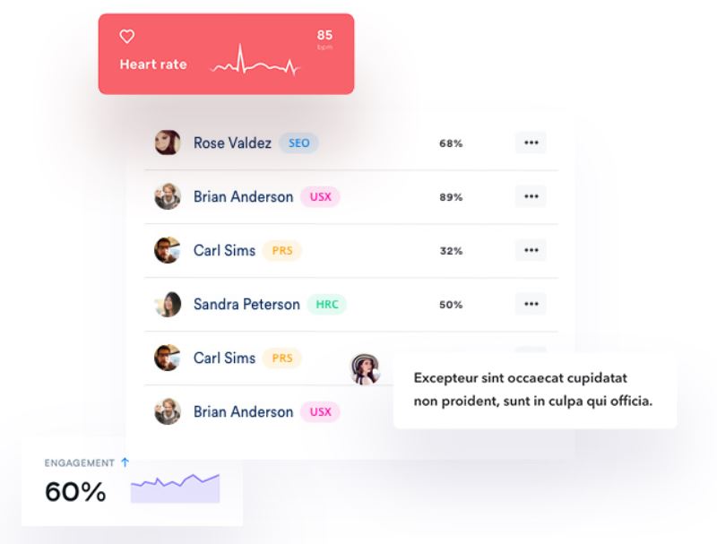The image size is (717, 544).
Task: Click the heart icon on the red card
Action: click(x=127, y=38)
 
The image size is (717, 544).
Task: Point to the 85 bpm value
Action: click(x=324, y=37)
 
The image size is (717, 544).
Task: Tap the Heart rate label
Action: click(x=153, y=65)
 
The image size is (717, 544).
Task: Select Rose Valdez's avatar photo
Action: click(x=168, y=142)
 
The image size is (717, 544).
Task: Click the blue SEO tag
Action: click(x=298, y=142)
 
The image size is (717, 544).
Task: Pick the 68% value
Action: click(x=451, y=143)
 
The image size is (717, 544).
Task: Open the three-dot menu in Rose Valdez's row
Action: click(x=531, y=142)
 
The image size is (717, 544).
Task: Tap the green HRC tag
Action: click(x=327, y=304)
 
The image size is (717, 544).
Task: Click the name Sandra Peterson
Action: click(x=246, y=304)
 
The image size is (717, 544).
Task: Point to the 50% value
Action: click(x=451, y=305)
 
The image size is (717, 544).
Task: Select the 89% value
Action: click(x=451, y=197)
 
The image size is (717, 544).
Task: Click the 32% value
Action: click(x=451, y=251)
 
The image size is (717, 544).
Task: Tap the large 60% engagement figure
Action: click(x=75, y=491)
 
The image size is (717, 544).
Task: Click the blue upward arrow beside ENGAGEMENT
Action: click(x=125, y=462)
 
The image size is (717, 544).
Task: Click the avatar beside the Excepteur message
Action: click(x=365, y=368)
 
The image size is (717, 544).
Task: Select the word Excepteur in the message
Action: click(x=445, y=378)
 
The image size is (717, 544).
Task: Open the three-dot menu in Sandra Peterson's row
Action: click(x=531, y=304)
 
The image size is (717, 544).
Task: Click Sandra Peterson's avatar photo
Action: click(x=168, y=304)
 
